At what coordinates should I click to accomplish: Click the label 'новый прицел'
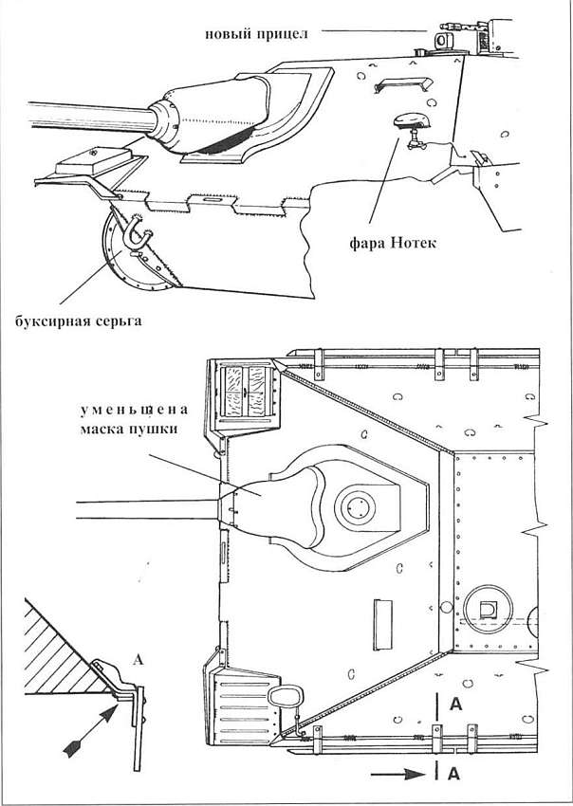coord(257,34)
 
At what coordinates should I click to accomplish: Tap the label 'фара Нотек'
coord(393,242)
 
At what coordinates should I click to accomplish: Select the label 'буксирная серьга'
coord(78,321)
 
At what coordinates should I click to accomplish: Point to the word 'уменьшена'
coord(133,411)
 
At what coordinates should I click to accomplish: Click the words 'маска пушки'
coord(129,429)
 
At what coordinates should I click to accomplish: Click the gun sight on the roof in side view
coord(442,41)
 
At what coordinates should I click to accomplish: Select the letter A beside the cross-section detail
coord(138,660)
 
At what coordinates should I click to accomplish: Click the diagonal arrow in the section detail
coord(90,730)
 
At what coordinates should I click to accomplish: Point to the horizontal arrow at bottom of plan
coord(398,774)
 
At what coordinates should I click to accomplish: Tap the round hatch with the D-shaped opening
coord(489,610)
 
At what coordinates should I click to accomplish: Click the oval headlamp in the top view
coord(283,697)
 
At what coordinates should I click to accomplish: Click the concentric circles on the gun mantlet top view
coord(355,508)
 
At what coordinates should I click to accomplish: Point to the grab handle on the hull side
coord(402,83)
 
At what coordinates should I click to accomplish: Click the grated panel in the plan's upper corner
coord(245,392)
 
